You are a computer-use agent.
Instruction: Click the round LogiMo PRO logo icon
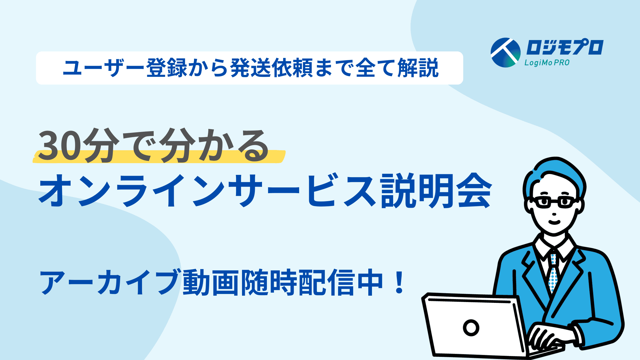[505, 53]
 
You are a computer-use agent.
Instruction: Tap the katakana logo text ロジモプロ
[565, 47]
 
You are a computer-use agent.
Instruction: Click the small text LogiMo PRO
[547, 63]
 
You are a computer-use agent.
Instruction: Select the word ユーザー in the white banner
[104, 68]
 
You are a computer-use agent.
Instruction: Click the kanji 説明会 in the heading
[437, 191]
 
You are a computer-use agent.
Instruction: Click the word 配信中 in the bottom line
[340, 282]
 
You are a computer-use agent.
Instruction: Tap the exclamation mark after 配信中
[398, 282]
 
